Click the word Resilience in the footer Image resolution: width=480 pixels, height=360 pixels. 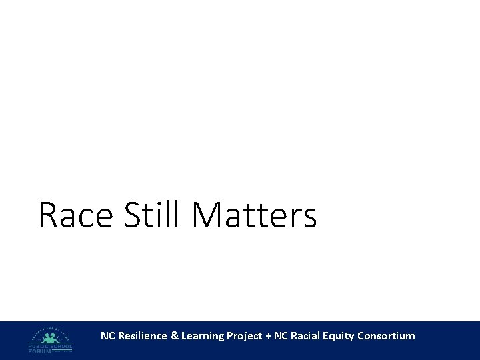pyautogui.click(x=143, y=336)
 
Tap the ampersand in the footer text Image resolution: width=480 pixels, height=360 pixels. pyautogui.click(x=175, y=336)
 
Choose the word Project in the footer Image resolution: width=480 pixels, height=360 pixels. pyautogui.click(x=245, y=337)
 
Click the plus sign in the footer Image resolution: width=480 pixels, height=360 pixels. pyautogui.click(x=269, y=336)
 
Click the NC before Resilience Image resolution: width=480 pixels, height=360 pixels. pyautogui.click(x=107, y=336)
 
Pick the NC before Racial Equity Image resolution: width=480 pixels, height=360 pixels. pyautogui.click(x=281, y=336)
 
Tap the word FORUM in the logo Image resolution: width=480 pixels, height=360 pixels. pyautogui.click(x=39, y=351)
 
